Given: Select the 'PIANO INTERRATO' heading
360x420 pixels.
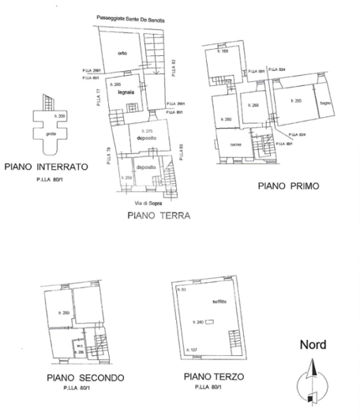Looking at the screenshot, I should coord(46,167).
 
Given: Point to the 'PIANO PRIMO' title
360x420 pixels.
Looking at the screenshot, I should coord(287,186).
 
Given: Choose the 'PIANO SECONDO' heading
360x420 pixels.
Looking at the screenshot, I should coord(84,378).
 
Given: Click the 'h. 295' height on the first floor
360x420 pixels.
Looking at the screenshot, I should coord(297,101).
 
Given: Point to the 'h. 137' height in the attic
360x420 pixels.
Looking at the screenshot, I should coord(189,348).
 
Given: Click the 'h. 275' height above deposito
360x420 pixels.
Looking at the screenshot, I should coord(146,130).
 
